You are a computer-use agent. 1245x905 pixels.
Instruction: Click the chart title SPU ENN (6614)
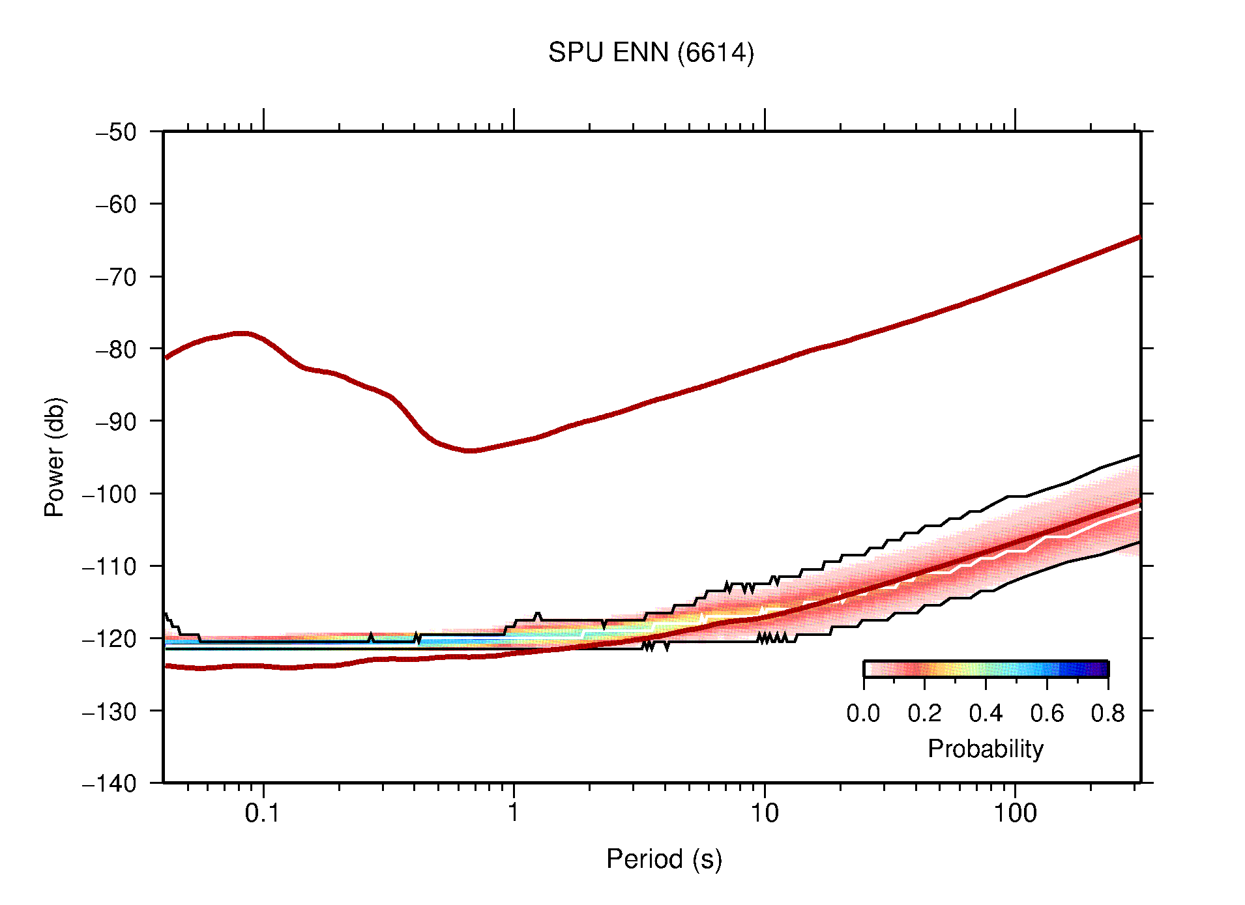click(651, 53)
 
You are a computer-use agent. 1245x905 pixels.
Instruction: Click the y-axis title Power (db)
click(55, 457)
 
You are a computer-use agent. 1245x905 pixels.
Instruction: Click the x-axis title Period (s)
click(664, 859)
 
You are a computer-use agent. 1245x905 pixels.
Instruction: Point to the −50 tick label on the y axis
click(117, 132)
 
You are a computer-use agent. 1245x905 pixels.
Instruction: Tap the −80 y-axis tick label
click(117, 349)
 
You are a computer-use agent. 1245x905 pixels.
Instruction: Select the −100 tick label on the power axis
click(110, 494)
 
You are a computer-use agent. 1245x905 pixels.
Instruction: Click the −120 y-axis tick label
click(110, 639)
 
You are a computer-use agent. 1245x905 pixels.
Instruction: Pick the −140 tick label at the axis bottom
click(110, 783)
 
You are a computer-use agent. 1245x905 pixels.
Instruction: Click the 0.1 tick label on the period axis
click(263, 813)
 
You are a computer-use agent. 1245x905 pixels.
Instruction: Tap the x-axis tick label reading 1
click(514, 813)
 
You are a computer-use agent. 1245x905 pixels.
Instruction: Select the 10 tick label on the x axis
click(764, 813)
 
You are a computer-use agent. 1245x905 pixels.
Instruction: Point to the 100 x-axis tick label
click(1014, 813)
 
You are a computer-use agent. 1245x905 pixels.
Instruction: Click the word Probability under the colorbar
click(985, 749)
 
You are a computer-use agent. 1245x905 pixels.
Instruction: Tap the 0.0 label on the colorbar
click(863, 714)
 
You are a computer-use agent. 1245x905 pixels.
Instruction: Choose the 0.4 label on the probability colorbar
click(986, 714)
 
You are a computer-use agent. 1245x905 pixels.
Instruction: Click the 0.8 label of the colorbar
click(1107, 714)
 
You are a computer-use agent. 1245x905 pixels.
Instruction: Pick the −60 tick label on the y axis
click(117, 205)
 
